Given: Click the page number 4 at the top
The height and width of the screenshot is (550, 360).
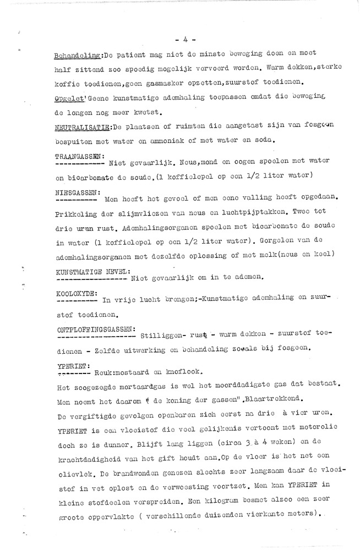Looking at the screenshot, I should [181, 40].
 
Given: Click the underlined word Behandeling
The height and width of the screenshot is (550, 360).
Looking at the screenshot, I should [77, 56].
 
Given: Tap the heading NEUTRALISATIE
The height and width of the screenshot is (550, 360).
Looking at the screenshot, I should [81, 127].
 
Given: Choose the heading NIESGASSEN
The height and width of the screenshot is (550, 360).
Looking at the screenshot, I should [77, 193].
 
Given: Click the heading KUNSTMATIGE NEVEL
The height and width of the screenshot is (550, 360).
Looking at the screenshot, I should [92, 271].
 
